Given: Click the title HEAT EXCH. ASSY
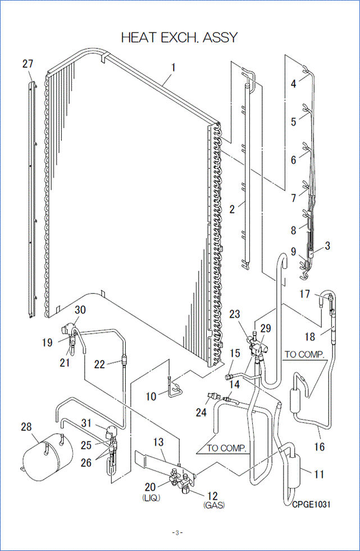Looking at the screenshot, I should [180, 37].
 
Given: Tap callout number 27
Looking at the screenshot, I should [28, 63].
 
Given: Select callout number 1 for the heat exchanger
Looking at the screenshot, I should [174, 67].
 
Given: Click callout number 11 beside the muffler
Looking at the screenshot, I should [318, 475].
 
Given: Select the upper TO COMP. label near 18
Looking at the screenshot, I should [305, 355].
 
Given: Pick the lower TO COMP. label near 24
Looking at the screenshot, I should [227, 448].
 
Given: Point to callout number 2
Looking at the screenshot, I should [232, 210].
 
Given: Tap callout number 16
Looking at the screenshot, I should [320, 448].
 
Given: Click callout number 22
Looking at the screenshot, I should [99, 364].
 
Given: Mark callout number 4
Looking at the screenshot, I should [294, 85].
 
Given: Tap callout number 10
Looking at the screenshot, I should [151, 397].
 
